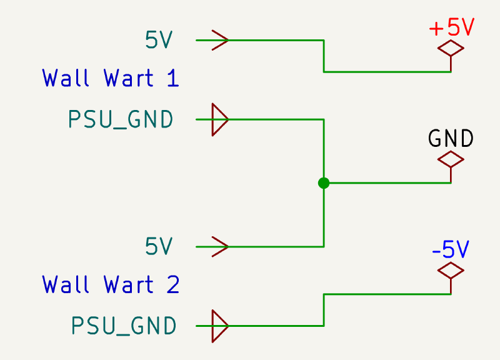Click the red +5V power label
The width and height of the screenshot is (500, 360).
451,28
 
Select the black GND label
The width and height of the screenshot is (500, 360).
451,139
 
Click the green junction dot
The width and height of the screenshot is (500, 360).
323,183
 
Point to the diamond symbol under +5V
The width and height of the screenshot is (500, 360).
451,48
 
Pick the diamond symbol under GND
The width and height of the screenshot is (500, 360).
451,160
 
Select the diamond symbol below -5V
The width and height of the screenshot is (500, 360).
451,271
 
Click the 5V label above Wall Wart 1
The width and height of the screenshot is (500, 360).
159,41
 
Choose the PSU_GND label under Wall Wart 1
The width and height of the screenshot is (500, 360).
121,119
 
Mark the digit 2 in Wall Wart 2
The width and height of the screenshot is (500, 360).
172,285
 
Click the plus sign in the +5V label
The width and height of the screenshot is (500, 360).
436,29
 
